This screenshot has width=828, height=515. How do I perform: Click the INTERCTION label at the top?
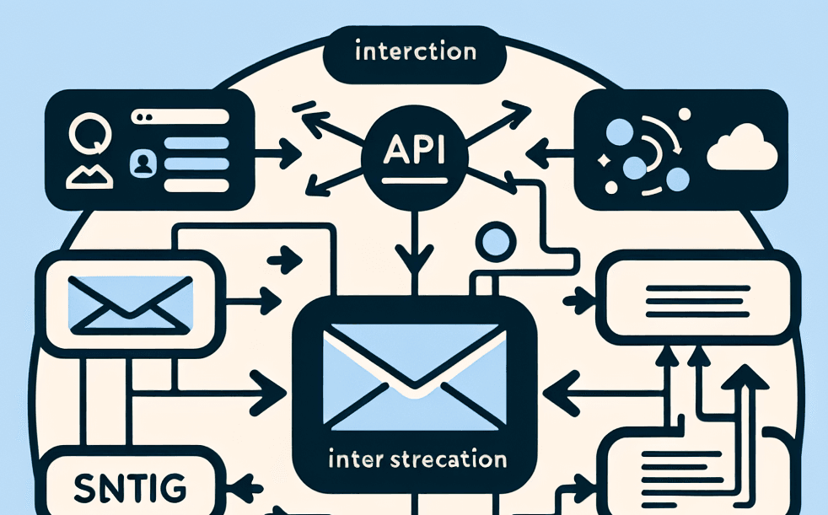point(415,52)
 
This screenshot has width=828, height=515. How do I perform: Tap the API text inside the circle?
point(414,150)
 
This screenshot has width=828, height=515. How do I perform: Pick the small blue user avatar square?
point(140,162)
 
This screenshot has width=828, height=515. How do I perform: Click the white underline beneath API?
point(413,180)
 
